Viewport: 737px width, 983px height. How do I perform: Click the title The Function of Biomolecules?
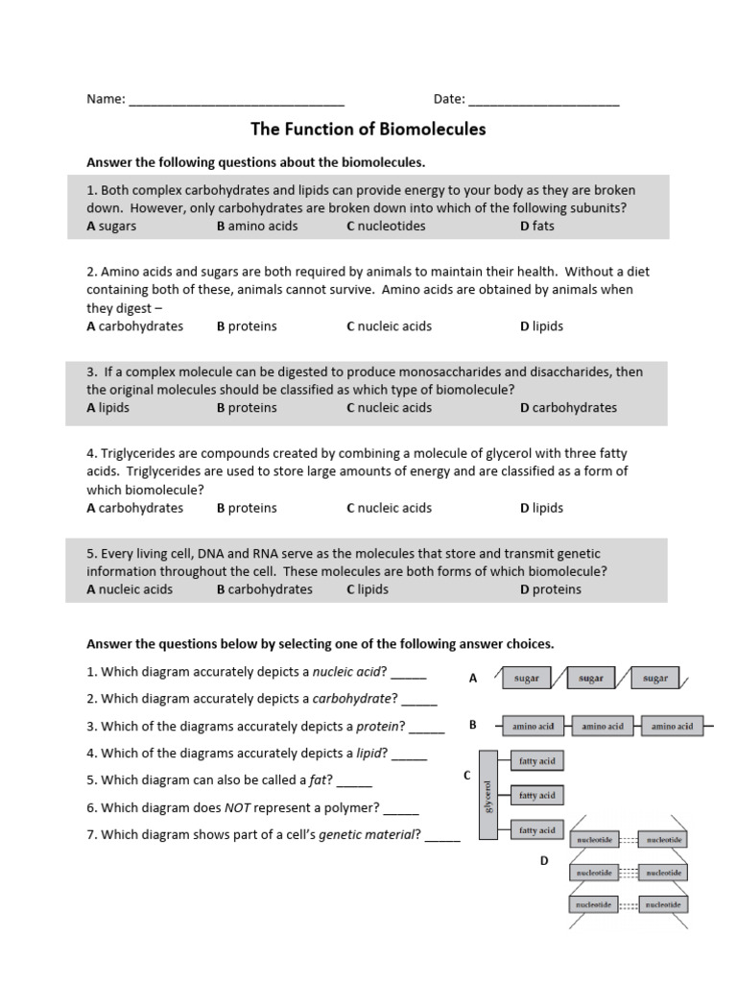368,129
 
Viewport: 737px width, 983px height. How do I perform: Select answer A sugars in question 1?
111,226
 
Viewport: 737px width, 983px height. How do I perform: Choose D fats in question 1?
537,226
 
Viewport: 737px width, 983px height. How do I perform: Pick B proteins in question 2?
247,326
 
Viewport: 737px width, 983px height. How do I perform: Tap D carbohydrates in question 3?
569,408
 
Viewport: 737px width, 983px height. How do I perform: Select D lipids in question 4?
542,509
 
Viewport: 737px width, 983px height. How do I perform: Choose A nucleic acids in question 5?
130,589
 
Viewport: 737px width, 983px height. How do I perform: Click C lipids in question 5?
368,589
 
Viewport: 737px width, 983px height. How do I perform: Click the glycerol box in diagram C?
487,795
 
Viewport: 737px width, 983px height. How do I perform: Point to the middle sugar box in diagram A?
591,678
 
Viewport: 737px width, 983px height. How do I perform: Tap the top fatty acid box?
537,760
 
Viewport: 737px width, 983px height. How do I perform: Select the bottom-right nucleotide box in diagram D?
663,904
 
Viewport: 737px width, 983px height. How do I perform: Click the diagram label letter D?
543,861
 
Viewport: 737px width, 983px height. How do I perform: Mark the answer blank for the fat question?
354,780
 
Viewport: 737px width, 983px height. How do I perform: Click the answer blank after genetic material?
442,835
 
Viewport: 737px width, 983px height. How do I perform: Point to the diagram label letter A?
473,678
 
